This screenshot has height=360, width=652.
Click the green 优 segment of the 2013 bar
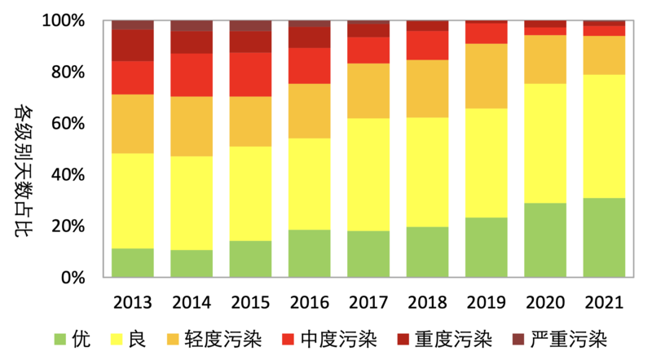133,263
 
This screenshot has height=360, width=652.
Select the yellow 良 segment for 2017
368,174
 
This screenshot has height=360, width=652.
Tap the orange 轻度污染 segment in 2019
486,76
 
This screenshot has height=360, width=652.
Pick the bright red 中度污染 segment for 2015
250,74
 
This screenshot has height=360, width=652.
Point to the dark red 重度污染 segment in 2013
133,46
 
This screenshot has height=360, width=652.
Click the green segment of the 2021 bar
604,237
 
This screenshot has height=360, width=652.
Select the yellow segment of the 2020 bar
545,143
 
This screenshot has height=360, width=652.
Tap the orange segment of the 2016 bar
310,111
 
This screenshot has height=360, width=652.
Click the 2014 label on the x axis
192,302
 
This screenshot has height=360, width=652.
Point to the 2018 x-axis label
427,302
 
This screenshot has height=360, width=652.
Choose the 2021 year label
604,302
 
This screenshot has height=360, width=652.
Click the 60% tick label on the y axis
68,123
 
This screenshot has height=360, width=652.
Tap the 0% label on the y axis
73,277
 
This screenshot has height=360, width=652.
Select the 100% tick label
64,20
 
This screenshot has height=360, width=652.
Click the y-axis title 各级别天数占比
24,170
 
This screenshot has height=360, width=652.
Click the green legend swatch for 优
59,339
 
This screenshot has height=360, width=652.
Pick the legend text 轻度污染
223,339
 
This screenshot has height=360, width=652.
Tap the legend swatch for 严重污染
518,339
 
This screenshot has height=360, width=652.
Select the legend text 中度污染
338,339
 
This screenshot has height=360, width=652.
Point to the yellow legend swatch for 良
117,339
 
